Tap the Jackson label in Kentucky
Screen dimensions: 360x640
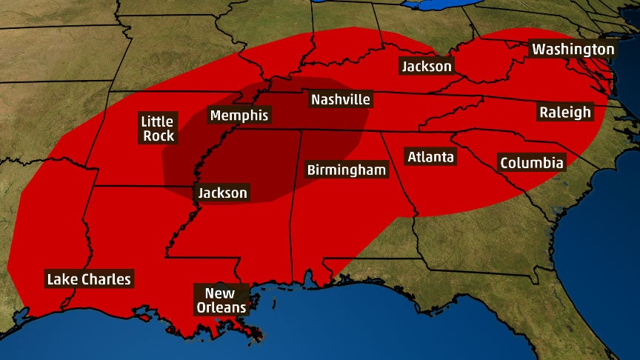coord(426,66)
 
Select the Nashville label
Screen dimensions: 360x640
coord(341,99)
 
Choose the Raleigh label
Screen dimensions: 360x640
coord(565,112)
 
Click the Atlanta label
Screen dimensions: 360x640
coord(430,157)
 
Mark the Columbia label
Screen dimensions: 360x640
coord(531,163)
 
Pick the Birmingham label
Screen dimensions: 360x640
coord(347,170)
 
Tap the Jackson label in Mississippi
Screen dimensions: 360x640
coord(222,193)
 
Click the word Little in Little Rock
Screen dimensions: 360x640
coord(157,121)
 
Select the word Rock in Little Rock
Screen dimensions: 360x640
coord(159,136)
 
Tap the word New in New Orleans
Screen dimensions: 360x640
coord(220,293)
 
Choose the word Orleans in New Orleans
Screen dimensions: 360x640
coord(220,307)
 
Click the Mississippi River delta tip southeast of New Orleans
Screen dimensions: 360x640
coord(259,337)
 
